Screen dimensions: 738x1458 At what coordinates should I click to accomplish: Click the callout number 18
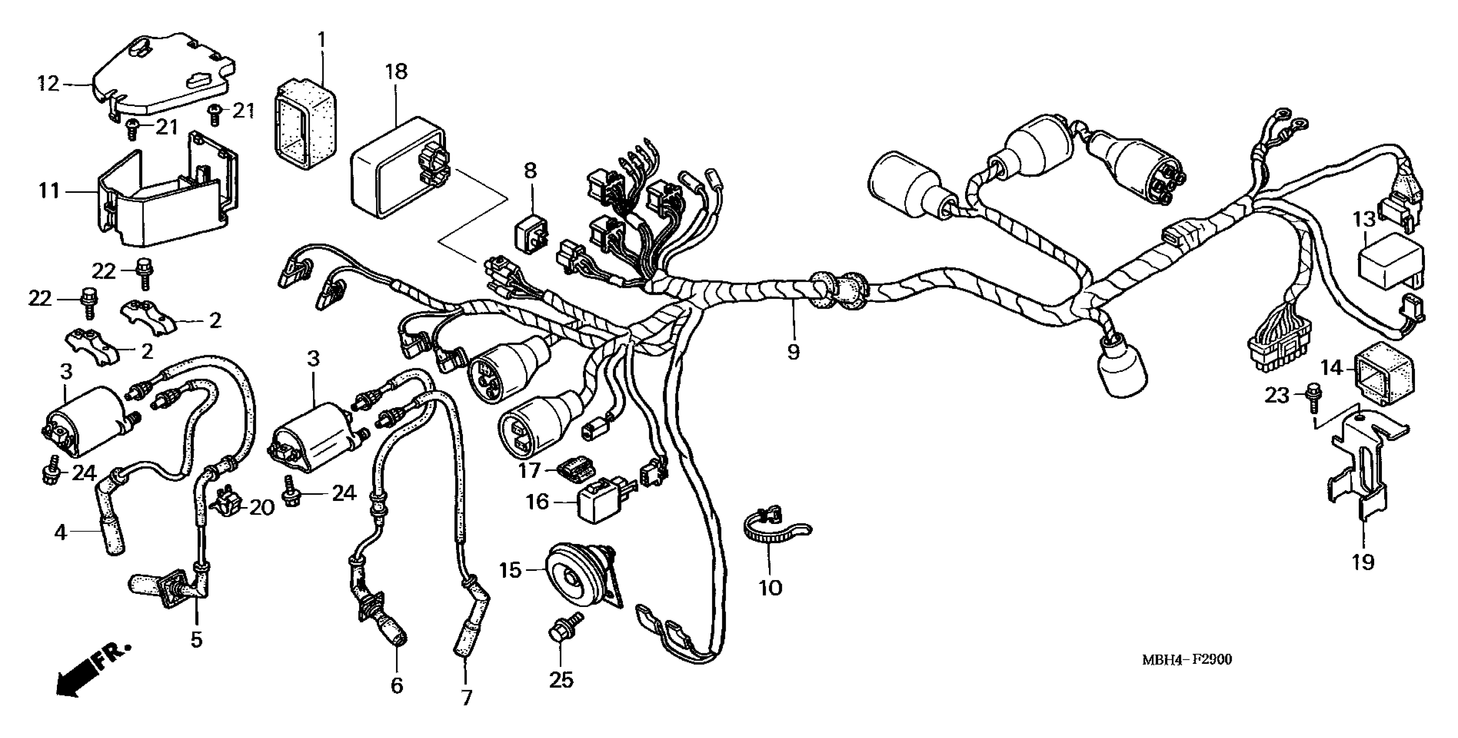pyautogui.click(x=396, y=72)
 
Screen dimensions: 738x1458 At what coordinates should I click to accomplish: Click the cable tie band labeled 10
pyautogui.click(x=770, y=532)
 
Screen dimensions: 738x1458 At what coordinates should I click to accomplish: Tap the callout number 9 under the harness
pyautogui.click(x=793, y=352)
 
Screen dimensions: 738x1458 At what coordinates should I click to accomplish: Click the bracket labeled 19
pyautogui.click(x=1359, y=475)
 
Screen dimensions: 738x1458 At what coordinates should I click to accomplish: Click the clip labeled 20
pyautogui.click(x=228, y=502)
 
